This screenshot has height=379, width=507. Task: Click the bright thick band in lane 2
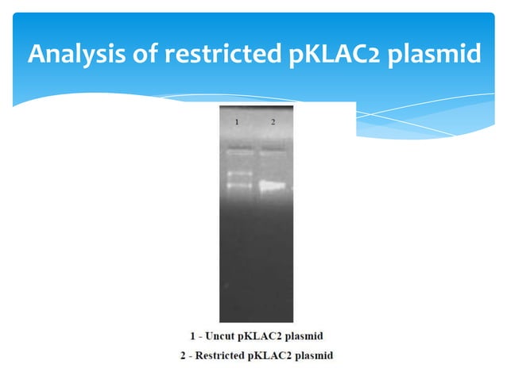tap(271, 186)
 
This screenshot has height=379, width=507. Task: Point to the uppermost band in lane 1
tap(238, 149)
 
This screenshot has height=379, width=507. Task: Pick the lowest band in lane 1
tap(238, 186)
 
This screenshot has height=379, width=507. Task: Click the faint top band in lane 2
tap(271, 149)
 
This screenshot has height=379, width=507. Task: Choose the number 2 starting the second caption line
tap(182, 354)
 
